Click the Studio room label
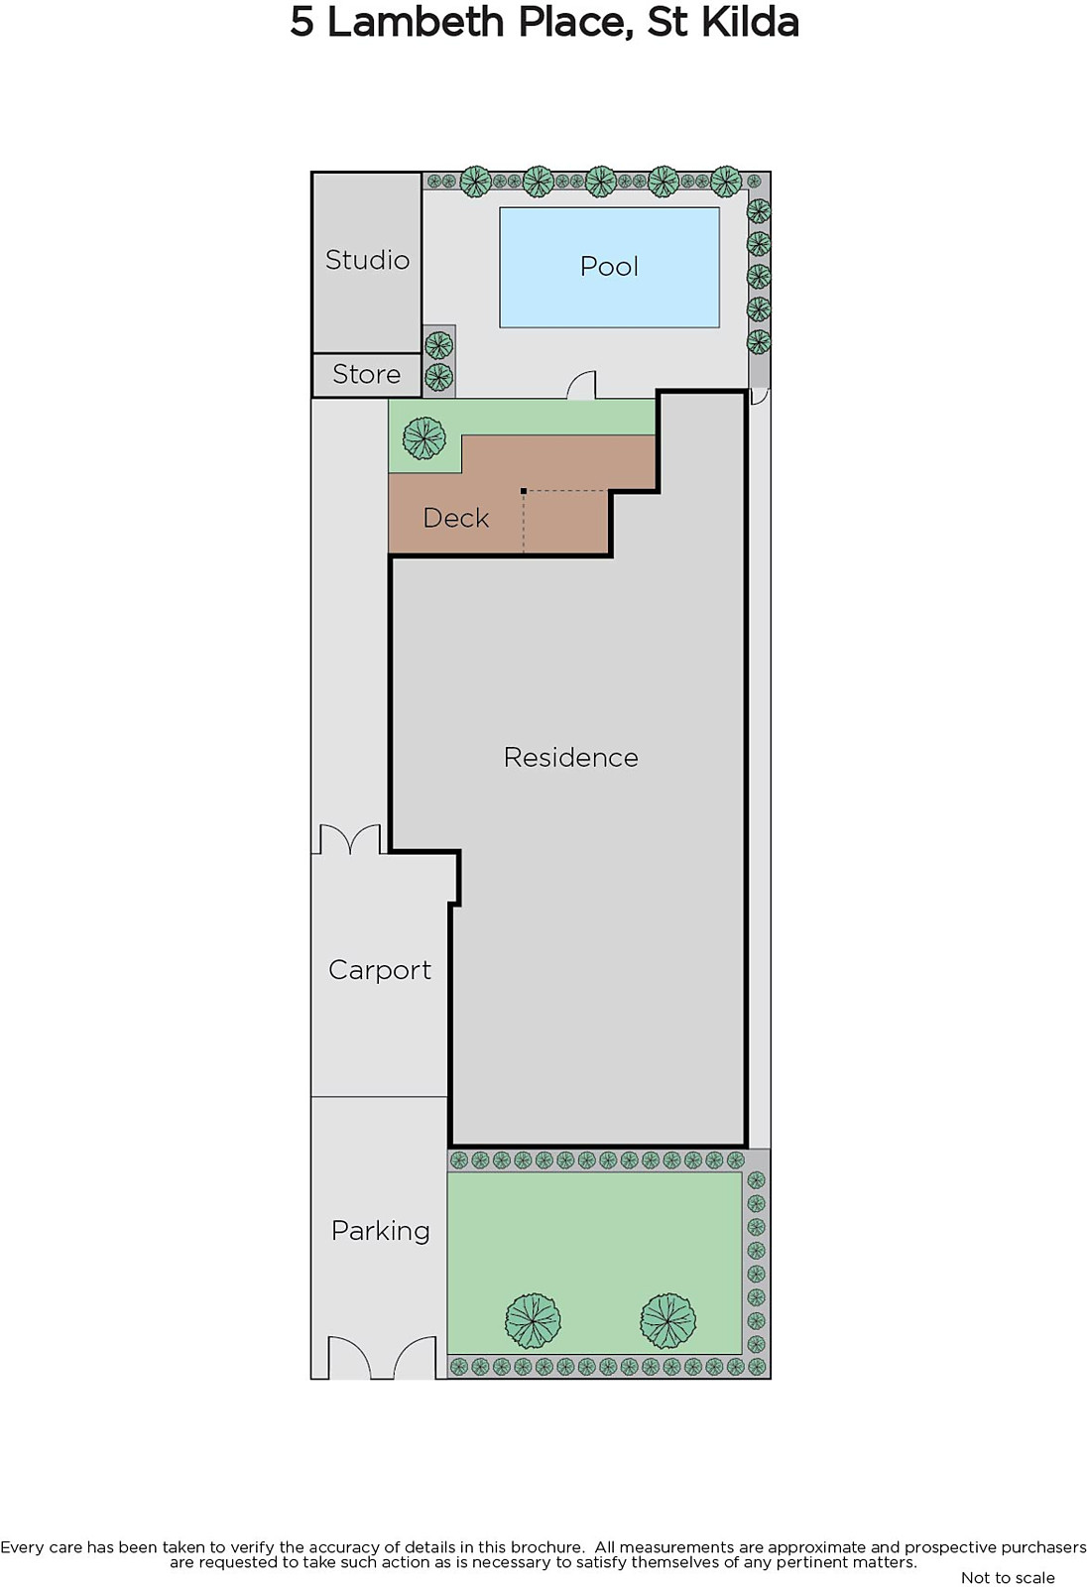click(x=367, y=260)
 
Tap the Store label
click(x=366, y=374)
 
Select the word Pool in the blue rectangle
click(x=609, y=267)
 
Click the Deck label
click(x=455, y=518)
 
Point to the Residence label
click(x=571, y=758)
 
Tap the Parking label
click(x=381, y=1231)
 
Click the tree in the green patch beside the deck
click(x=423, y=437)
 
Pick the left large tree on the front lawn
click(x=533, y=1321)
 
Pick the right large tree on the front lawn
click(x=667, y=1321)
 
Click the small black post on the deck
click(x=524, y=490)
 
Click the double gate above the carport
click(x=350, y=838)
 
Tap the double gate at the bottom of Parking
click(x=381, y=1356)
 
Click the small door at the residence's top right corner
click(x=759, y=397)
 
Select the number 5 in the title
click(x=302, y=23)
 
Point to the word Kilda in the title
click(x=751, y=22)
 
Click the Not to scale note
click(x=1008, y=1578)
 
